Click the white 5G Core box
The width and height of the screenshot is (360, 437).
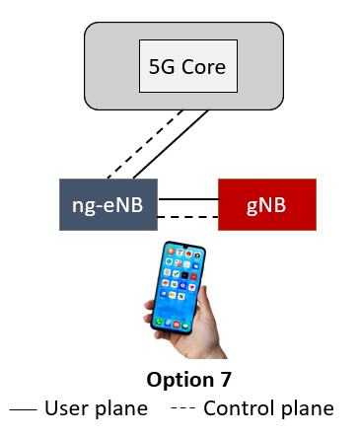point(187,67)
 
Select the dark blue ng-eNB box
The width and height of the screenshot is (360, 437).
point(108,204)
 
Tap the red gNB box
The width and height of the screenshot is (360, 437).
point(266,204)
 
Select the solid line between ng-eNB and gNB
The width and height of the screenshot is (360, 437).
point(187,198)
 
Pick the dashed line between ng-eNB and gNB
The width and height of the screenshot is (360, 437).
point(187,215)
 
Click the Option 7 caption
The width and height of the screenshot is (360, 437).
point(180,381)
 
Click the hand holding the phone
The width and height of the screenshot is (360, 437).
point(197,330)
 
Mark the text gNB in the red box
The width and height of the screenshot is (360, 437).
point(266,204)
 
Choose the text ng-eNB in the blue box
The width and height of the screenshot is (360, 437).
point(108,204)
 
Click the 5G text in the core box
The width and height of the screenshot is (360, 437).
point(162,68)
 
